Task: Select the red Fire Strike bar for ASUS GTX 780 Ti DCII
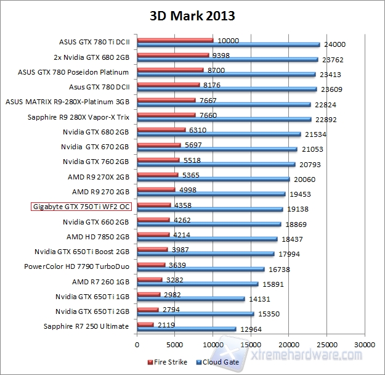[176, 41]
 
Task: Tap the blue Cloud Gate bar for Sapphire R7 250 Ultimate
[187, 329]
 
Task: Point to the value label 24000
[334, 44]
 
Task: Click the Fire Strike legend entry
[169, 362]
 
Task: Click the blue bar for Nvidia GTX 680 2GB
[219, 134]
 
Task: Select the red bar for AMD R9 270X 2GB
[158, 174]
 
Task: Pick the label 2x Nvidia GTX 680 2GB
[91, 58]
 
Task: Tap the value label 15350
[269, 314]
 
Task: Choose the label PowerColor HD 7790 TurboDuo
[76, 266]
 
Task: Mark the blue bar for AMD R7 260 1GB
[198, 284]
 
